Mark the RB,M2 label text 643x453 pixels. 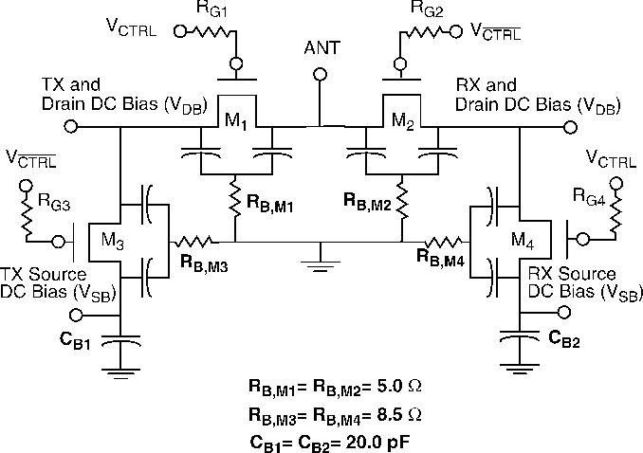click(x=368, y=202)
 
